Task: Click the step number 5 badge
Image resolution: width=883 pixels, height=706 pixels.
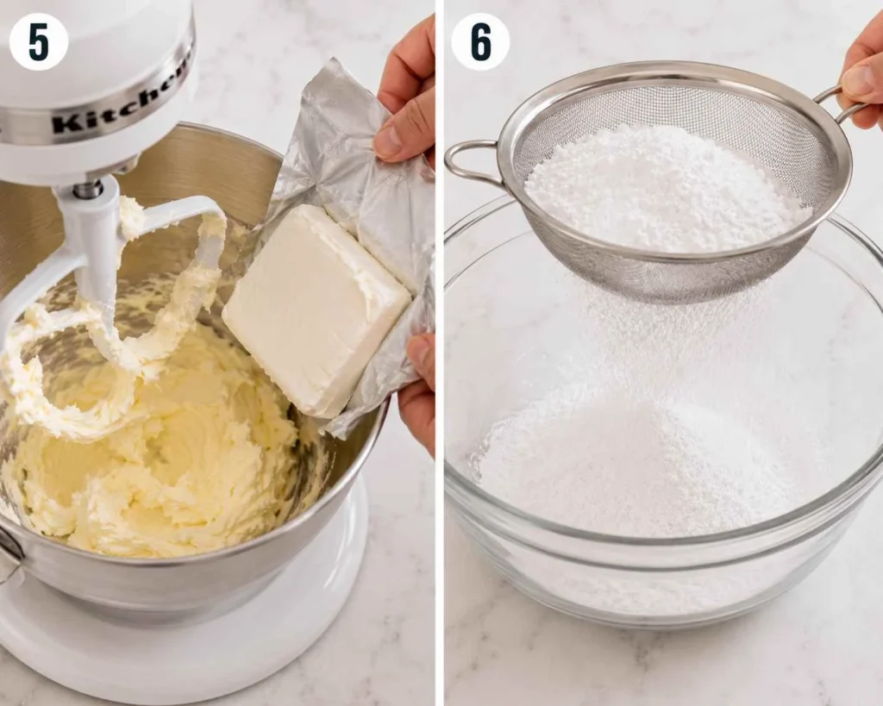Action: (x=38, y=41)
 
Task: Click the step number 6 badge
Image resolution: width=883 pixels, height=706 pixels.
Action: (x=480, y=41)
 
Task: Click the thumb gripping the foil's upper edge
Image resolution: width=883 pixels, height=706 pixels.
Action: (x=396, y=138)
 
